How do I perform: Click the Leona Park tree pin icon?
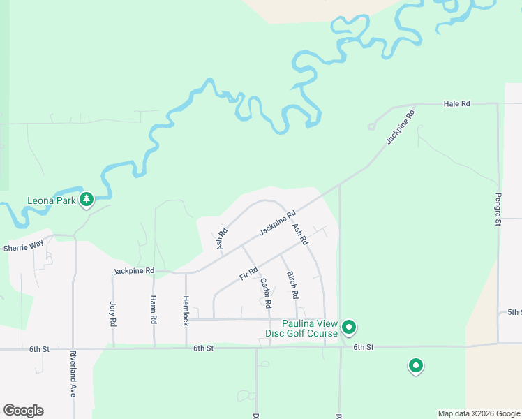(x=87, y=200)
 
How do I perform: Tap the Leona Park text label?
(x=52, y=201)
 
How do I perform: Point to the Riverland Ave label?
(x=73, y=374)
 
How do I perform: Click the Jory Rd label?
(x=112, y=314)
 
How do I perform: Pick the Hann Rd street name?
(x=153, y=309)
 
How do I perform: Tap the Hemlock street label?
(x=186, y=310)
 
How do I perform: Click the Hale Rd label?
(x=457, y=103)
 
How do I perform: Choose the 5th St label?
(x=514, y=312)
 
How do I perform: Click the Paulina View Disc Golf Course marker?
(x=349, y=327)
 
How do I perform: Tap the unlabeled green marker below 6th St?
(x=416, y=365)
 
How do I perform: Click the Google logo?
(x=23, y=411)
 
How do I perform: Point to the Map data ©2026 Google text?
(x=478, y=413)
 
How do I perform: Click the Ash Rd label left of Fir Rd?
(x=222, y=239)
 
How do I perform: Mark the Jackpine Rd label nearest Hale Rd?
(x=396, y=126)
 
